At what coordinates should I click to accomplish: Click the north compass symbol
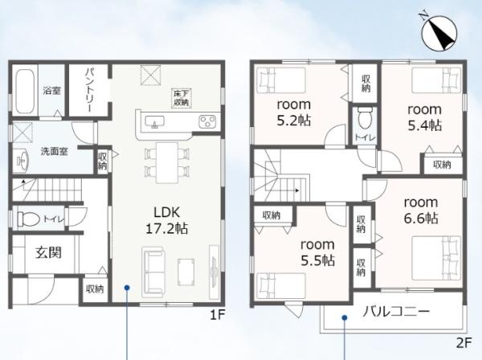click(x=439, y=32)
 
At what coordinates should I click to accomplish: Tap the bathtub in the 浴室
click(x=25, y=92)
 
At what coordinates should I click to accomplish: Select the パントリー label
click(x=88, y=90)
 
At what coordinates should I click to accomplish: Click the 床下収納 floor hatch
click(x=182, y=98)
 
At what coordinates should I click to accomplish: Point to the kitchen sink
click(x=154, y=122)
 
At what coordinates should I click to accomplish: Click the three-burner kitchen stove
click(x=207, y=121)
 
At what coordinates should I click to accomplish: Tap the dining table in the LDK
click(x=167, y=162)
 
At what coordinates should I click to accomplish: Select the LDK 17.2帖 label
click(x=166, y=220)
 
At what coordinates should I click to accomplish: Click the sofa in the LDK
click(x=153, y=272)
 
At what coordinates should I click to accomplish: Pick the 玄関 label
click(x=48, y=252)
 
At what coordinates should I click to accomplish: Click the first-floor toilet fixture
click(x=28, y=219)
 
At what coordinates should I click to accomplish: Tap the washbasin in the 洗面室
click(x=22, y=160)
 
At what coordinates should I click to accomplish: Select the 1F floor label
click(x=218, y=315)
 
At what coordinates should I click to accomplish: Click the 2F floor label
click(x=464, y=343)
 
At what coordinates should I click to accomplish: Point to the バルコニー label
click(x=396, y=312)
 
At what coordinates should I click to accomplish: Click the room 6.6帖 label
click(x=421, y=211)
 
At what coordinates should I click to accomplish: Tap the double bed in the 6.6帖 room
click(x=436, y=258)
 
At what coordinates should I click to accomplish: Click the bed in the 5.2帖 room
click(x=281, y=80)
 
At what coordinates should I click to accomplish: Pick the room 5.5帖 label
click(x=317, y=252)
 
